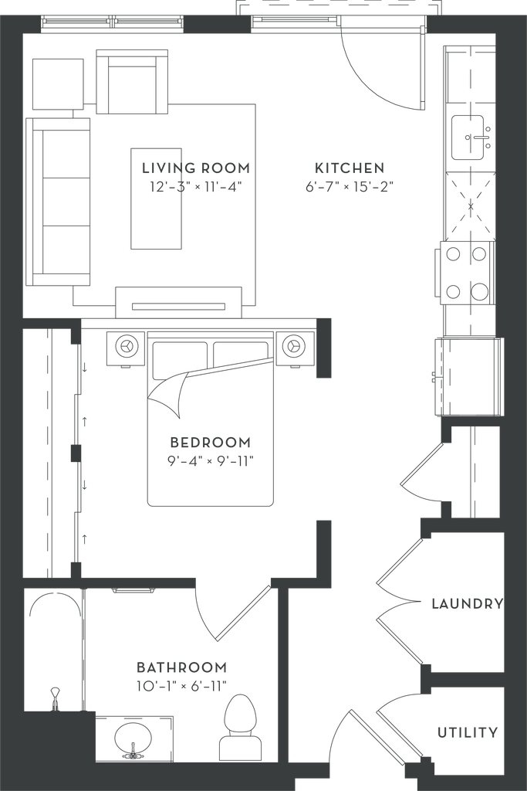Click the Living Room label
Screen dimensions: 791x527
tap(197, 168)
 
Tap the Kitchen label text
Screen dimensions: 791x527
tap(350, 168)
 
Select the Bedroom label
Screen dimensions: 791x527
tap(211, 443)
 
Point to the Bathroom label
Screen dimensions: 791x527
tap(182, 667)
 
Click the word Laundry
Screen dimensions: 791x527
tap(468, 603)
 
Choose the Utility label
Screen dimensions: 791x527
tap(468, 733)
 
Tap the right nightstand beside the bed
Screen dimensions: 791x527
tap(294, 347)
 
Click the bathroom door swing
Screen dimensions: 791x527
tap(224, 610)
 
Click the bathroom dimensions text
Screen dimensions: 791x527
tap(182, 684)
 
